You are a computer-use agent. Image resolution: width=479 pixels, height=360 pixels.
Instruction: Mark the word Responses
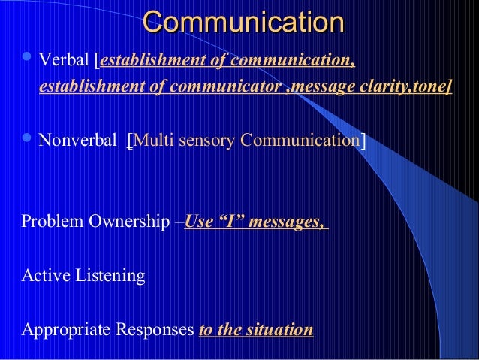(155, 330)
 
